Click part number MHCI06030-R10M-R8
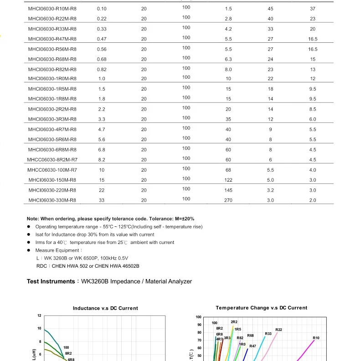[x=52, y=9]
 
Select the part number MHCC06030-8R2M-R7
[x=52, y=160]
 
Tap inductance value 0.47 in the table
[x=102, y=39]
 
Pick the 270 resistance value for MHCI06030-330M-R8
[x=228, y=200]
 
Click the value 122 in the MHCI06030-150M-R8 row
[x=228, y=180]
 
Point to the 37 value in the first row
[x=313, y=9]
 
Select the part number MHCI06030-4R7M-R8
[x=52, y=129]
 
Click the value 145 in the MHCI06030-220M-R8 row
[x=228, y=190]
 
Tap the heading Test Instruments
[x=51, y=282]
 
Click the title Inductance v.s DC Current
[x=105, y=308]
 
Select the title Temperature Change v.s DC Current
[x=261, y=308]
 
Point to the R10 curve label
[x=316, y=338]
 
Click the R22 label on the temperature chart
[x=279, y=330]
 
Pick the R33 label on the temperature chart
[x=268, y=334]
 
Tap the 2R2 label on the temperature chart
[x=234, y=322]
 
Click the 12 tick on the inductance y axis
[x=39, y=315]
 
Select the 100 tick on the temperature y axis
[x=198, y=317]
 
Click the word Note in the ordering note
[x=32, y=219]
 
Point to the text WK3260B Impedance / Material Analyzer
[x=137, y=282]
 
